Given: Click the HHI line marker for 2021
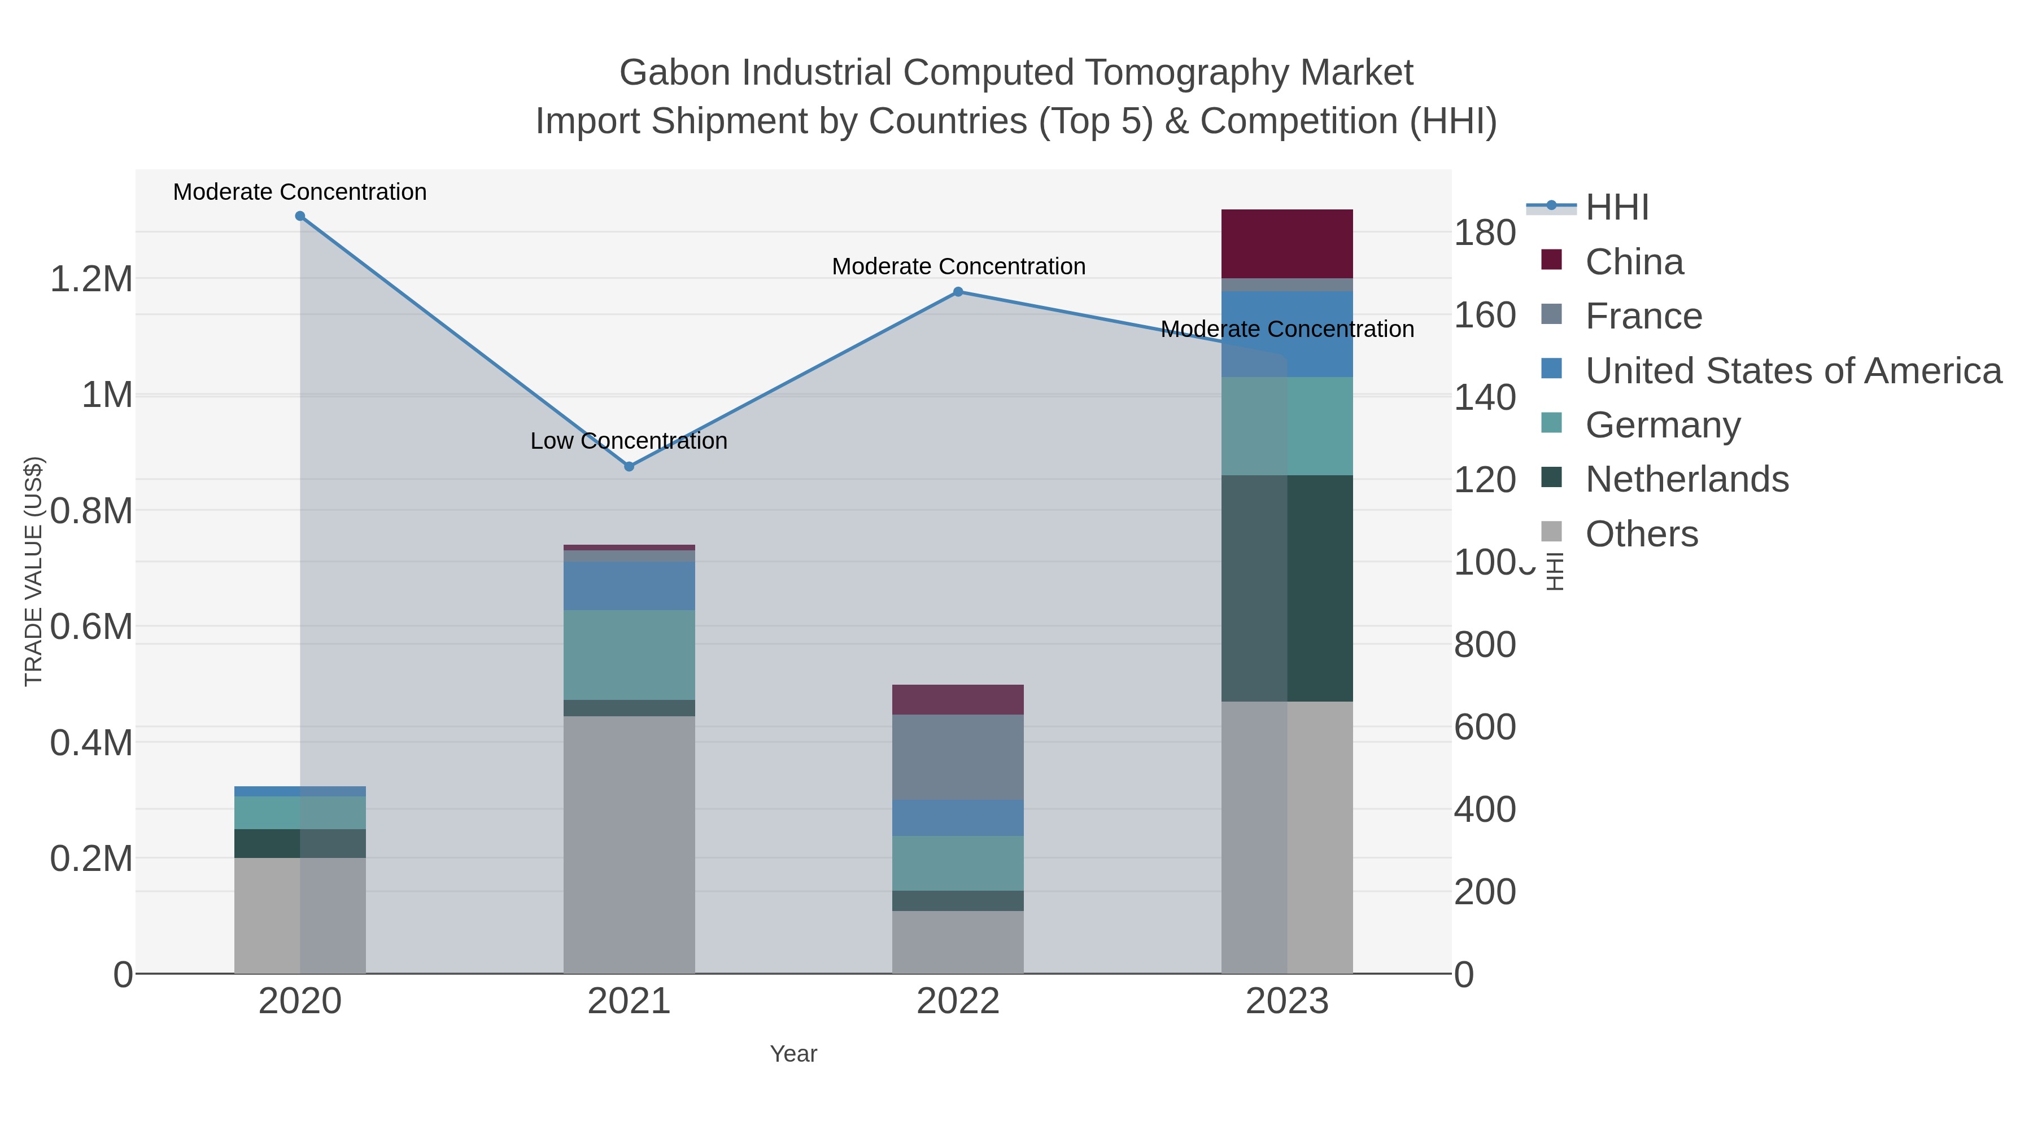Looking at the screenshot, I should tap(629, 466).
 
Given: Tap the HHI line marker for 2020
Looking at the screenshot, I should tap(300, 216).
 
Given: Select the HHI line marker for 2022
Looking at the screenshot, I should tap(958, 292).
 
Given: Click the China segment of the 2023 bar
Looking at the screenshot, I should tap(1287, 244).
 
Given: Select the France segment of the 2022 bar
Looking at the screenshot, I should tap(958, 757).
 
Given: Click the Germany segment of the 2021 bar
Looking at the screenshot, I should tap(629, 655).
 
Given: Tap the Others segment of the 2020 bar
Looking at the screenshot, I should tap(300, 915).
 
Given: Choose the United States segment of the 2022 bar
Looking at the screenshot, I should tap(958, 818).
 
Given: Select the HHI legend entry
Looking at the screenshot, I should tap(1616, 208).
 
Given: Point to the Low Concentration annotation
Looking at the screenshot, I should tap(629, 441).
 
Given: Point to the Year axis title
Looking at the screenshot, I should tap(793, 1054).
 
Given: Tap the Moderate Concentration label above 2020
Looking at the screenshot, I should tap(300, 192).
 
